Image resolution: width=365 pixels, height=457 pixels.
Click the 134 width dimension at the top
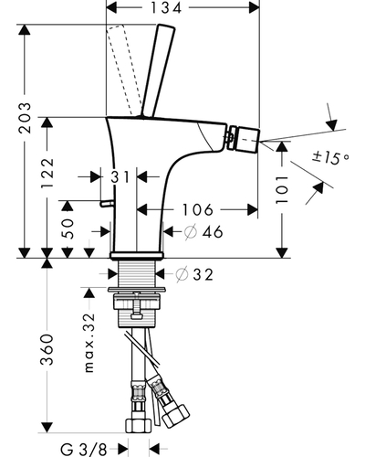[166, 7]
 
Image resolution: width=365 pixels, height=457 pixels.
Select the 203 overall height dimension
[25, 118]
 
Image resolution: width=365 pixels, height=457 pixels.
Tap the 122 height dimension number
[47, 173]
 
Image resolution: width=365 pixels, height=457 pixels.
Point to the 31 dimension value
[120, 177]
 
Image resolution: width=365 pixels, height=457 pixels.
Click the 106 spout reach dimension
[198, 209]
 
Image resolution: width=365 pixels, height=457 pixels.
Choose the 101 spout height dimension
[282, 190]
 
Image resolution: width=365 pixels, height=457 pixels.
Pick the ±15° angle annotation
[330, 157]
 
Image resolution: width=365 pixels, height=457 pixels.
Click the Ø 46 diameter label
[203, 232]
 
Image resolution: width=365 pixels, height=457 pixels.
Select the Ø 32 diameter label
[194, 275]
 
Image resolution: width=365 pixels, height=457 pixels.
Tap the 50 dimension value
[68, 228]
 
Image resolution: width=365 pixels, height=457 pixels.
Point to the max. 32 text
[89, 343]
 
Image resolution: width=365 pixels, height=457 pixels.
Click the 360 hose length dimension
[47, 350]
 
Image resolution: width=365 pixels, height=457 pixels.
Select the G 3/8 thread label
[83, 449]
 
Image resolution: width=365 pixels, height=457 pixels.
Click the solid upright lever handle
[158, 71]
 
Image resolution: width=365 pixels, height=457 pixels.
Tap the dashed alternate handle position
[121, 70]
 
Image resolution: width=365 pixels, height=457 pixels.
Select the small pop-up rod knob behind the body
[107, 203]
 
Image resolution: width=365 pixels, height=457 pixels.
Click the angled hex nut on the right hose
[176, 416]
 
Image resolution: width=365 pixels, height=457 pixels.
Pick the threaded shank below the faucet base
[136, 273]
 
